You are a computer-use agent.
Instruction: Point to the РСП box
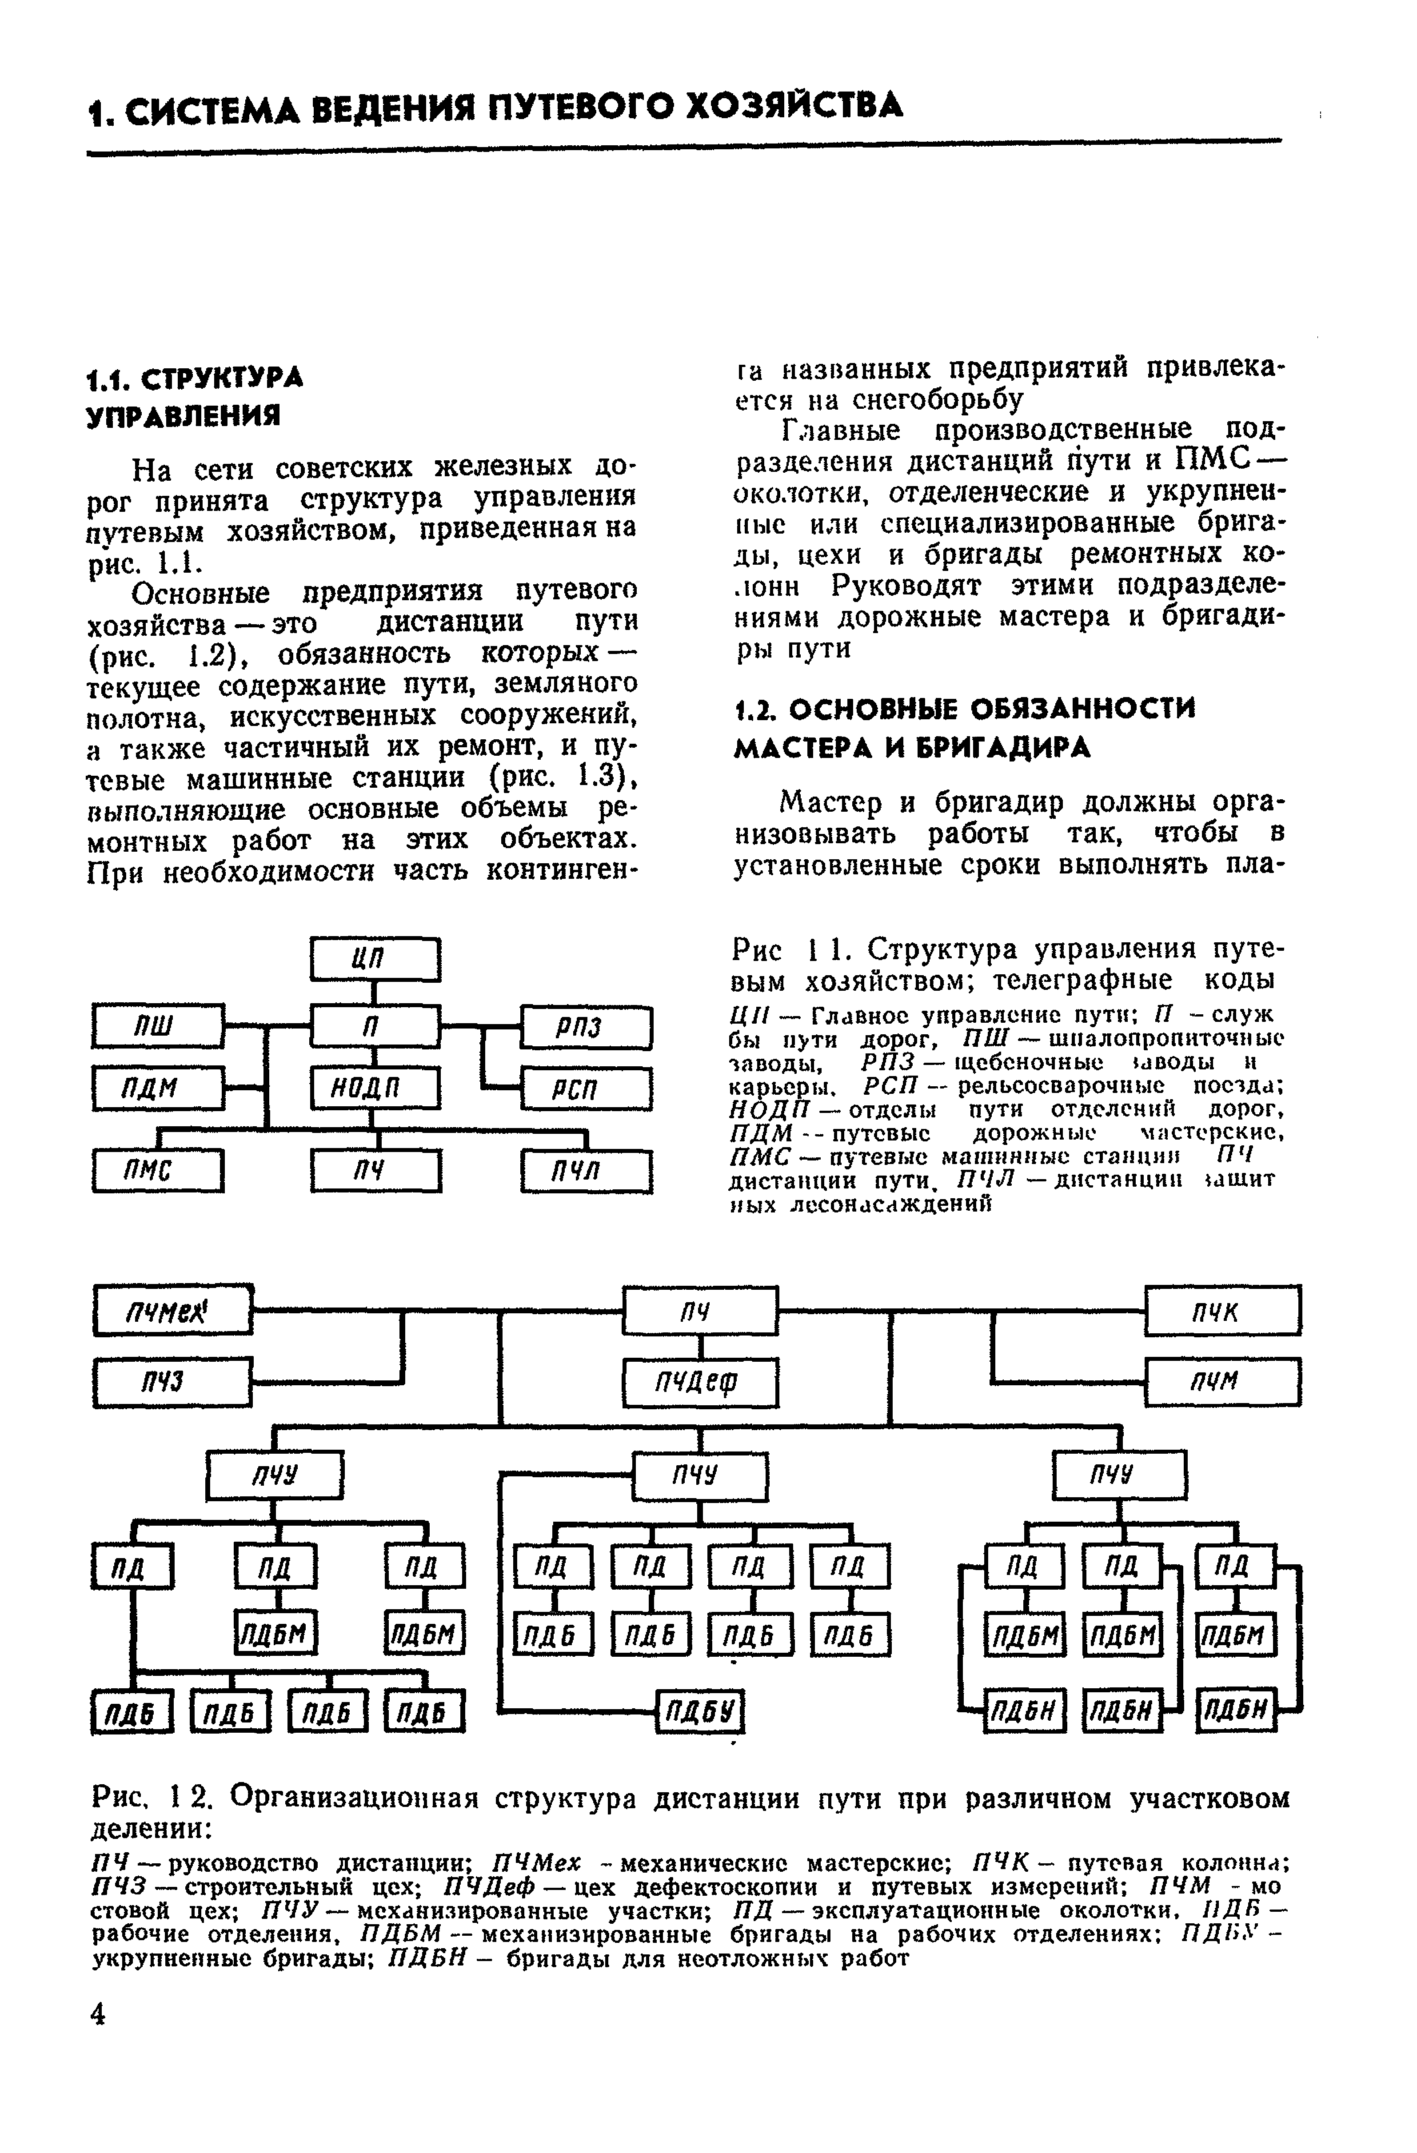pyautogui.click(x=587, y=1088)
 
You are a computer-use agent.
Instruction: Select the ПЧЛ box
pyautogui.click(x=587, y=1172)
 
